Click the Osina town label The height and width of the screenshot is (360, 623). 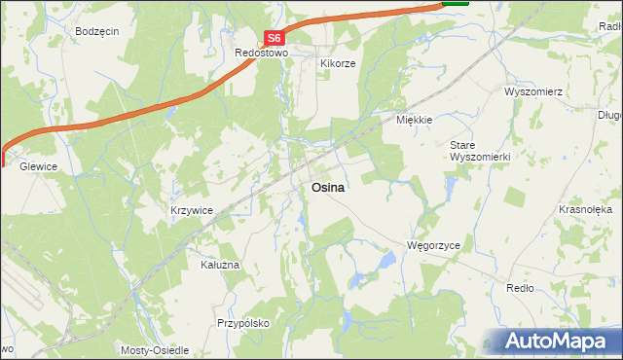(x=327, y=188)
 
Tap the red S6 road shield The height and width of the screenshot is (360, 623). (x=274, y=39)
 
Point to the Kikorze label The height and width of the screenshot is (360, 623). (x=338, y=63)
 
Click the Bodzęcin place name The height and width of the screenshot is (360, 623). (x=96, y=31)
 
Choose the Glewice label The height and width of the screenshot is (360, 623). (x=31, y=166)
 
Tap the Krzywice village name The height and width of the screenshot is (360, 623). (x=191, y=210)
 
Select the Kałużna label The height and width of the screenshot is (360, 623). (x=219, y=264)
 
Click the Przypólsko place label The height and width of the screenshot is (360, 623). (x=242, y=322)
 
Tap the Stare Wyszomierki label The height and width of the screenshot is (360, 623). (x=473, y=151)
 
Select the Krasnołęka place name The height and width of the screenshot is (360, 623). (x=584, y=209)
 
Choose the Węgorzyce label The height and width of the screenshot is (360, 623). (x=433, y=246)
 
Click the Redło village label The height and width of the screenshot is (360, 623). (x=520, y=288)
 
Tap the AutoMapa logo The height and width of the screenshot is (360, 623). (x=559, y=342)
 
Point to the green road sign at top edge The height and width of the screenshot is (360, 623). (x=455, y=3)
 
